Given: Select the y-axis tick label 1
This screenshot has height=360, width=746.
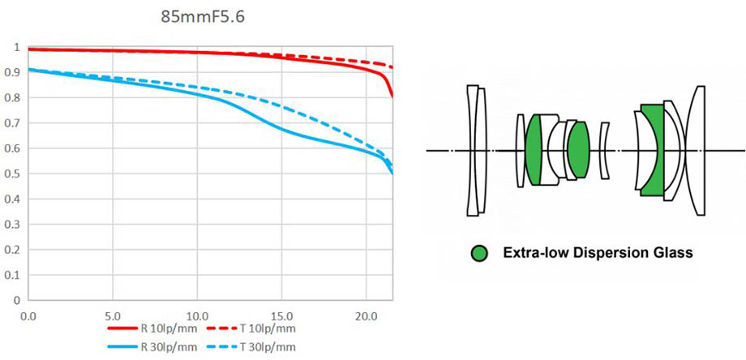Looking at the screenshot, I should click(17, 47).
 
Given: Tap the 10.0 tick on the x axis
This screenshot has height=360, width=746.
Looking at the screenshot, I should click(197, 314).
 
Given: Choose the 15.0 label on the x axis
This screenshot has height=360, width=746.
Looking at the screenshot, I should click(281, 314).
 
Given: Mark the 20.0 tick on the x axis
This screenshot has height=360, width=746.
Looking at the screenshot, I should click(366, 314).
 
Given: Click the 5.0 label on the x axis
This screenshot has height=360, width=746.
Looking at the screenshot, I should click(113, 314).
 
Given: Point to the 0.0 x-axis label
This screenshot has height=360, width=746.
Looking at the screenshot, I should click(28, 314).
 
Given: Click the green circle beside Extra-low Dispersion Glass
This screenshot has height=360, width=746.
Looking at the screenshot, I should click(479, 254).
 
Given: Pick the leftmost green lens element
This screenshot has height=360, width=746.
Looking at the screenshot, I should click(534, 150).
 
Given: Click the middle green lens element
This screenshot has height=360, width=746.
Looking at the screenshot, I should click(578, 150).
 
